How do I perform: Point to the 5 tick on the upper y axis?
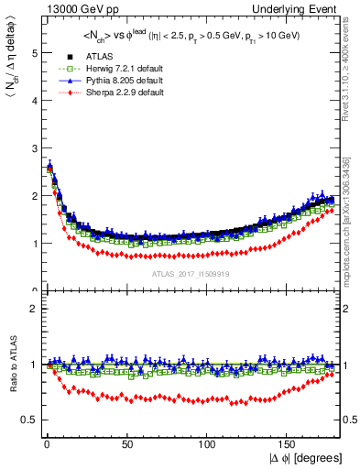[x=31, y=53]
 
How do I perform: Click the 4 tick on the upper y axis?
[x=31, y=101]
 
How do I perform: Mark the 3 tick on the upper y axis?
[x=31, y=148]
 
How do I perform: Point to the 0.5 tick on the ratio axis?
[x=27, y=420]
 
